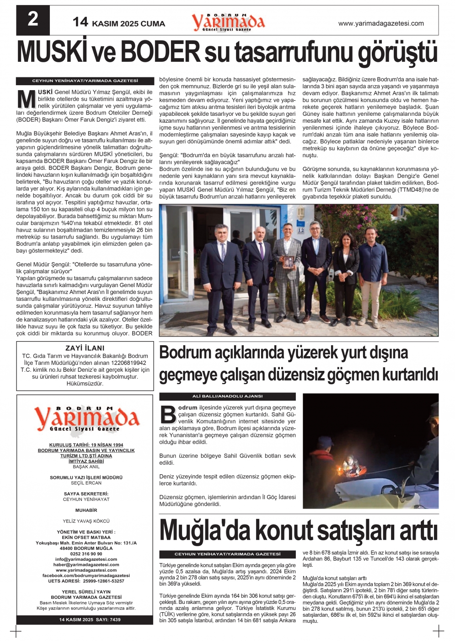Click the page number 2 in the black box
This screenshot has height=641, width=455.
point(33,20)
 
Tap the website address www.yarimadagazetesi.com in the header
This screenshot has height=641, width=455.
point(380,23)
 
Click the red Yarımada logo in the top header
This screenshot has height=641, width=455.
point(228,22)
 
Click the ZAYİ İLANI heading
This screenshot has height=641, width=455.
point(85,348)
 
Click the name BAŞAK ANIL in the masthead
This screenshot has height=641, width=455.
point(86,467)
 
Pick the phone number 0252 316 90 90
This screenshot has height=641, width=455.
point(86,554)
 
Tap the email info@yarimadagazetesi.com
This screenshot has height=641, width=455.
point(86,559)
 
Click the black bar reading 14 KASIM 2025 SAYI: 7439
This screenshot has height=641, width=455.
point(90,619)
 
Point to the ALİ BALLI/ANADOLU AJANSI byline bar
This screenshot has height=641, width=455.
point(227,397)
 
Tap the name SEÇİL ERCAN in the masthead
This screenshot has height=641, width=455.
point(86,483)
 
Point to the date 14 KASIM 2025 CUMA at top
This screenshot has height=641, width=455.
point(119,23)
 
